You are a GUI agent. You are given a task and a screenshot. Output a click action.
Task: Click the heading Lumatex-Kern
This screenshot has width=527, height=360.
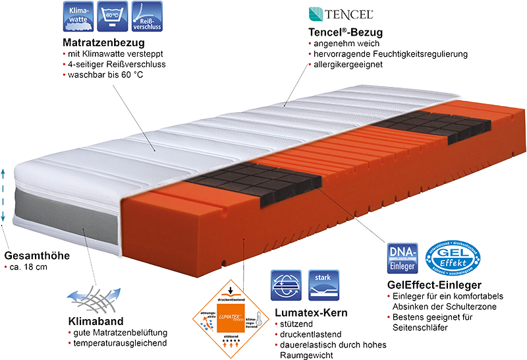(310, 311)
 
